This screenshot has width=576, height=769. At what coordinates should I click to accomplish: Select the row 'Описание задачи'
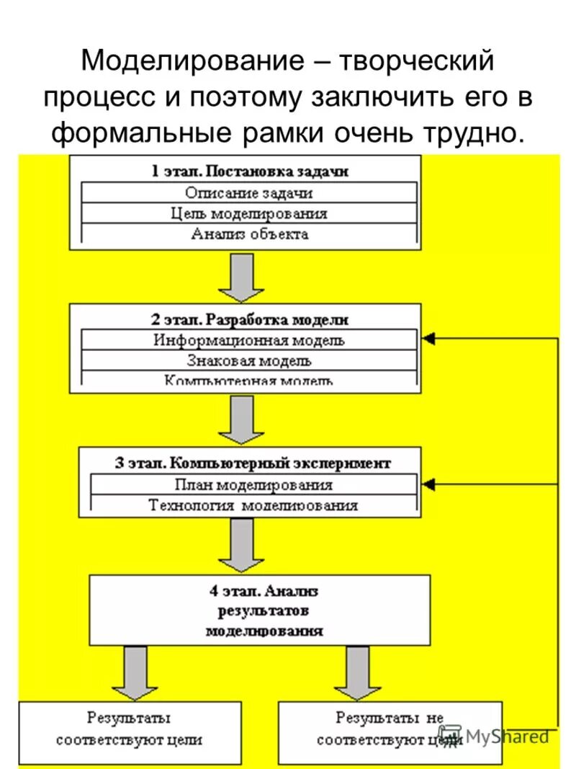249,192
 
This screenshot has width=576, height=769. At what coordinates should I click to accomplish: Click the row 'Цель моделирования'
249,213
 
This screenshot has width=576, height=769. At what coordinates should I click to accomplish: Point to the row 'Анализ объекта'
249,234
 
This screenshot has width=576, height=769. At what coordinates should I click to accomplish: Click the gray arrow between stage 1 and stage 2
242,277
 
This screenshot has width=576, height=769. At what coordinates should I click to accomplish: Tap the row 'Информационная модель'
249,340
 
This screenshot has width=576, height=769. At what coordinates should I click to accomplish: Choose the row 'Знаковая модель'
249,360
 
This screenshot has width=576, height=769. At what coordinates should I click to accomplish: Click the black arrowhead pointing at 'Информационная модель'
430,338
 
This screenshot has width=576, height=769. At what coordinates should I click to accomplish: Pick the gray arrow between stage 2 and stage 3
242,420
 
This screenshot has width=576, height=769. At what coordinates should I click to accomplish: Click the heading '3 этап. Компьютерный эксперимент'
252,463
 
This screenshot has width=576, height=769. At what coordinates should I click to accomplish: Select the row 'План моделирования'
253,484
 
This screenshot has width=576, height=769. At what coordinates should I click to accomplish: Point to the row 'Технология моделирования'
253,505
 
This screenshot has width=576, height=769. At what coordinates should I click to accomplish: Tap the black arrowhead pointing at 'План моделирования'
430,484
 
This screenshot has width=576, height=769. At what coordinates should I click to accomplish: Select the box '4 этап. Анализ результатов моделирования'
260,610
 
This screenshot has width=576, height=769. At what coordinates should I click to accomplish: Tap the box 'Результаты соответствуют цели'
129,729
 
